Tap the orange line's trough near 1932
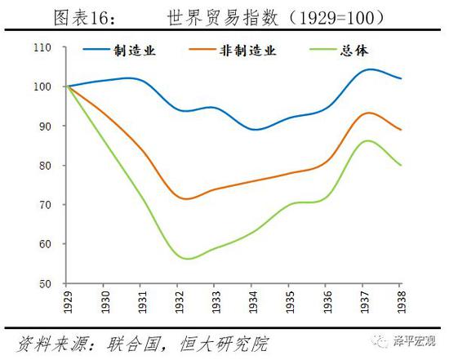[x=188, y=199]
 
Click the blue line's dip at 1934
[x=255, y=130]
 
